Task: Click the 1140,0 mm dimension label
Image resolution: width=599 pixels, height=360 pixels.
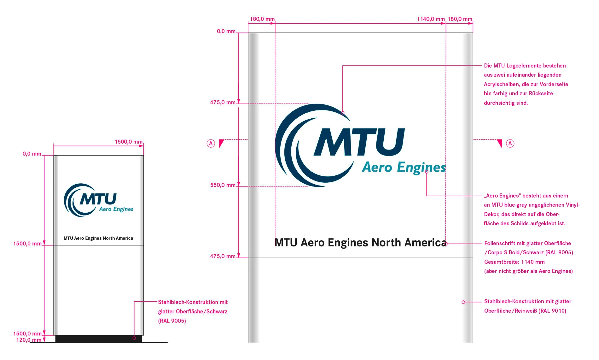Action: coord(431,19)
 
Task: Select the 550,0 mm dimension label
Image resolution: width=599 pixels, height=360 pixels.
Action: coord(223,185)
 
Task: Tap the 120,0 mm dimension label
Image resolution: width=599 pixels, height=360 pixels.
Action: coord(29,340)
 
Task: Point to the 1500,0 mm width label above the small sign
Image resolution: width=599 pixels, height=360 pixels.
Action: coord(128,142)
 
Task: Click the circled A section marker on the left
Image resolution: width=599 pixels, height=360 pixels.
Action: coord(211,144)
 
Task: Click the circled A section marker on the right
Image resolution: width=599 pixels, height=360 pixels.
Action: coord(510,144)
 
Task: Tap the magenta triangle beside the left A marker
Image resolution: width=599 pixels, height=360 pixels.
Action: coord(221,143)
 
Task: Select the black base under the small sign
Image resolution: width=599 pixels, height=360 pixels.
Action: coord(98,339)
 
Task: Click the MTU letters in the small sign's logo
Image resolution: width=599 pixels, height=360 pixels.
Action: coord(98,199)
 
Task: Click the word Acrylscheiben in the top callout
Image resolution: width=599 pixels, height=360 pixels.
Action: coord(501,84)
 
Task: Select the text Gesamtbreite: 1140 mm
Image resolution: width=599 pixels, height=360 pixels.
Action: coord(514,262)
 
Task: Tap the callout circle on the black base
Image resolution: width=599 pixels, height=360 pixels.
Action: coord(134,338)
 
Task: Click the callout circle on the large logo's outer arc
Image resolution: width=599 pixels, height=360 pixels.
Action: coord(343,113)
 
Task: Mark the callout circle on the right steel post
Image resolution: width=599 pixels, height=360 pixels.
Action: coord(463,302)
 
